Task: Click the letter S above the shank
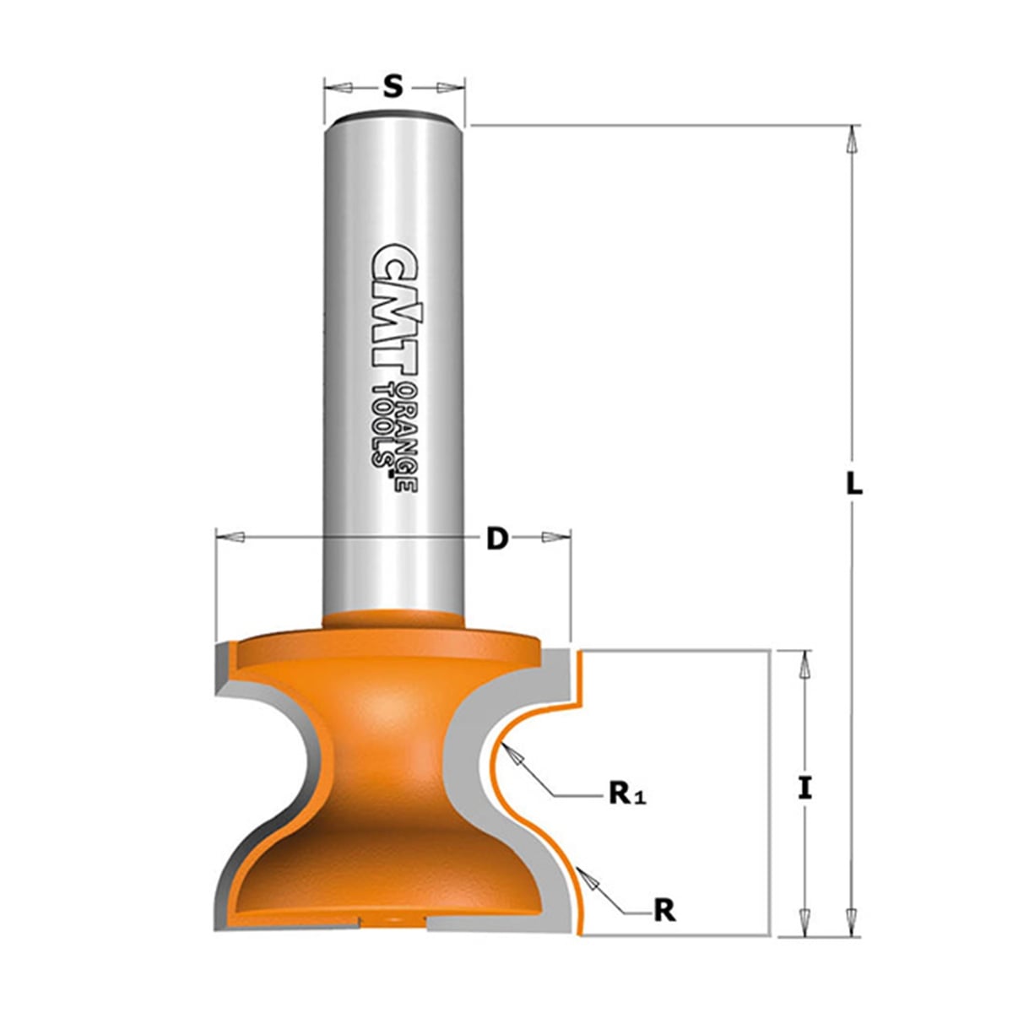pos(393,87)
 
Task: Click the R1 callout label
pos(627,810)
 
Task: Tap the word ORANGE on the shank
pos(408,437)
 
